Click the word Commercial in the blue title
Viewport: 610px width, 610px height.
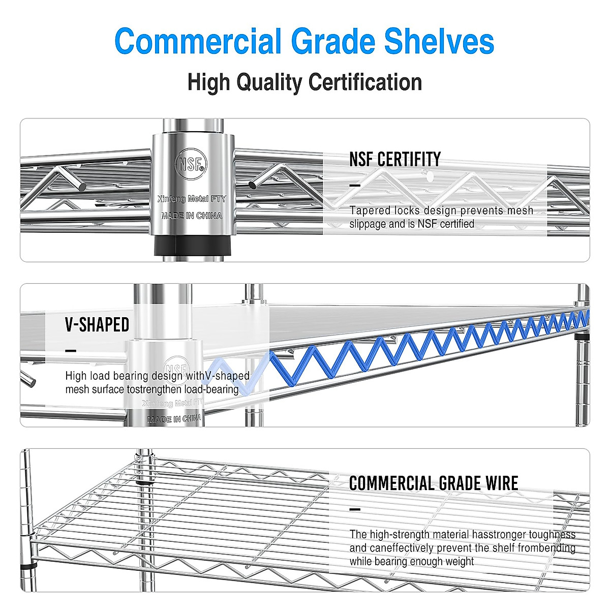[198, 42]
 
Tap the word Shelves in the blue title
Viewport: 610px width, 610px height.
[439, 42]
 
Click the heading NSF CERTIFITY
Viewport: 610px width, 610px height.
[395, 160]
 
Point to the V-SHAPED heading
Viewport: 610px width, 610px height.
[97, 325]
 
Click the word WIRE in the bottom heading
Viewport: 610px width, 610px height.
[501, 483]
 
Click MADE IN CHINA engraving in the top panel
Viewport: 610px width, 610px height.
[192, 216]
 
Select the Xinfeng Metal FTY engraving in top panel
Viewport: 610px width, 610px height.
[192, 199]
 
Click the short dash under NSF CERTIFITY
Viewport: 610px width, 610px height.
[355, 186]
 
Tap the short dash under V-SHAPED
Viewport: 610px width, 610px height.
[71, 351]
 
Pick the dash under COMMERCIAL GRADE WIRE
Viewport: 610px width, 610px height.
[355, 509]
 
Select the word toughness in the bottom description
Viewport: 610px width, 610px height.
[552, 534]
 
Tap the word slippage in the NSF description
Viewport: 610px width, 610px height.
[368, 224]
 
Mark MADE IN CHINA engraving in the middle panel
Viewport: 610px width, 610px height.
[174, 419]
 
